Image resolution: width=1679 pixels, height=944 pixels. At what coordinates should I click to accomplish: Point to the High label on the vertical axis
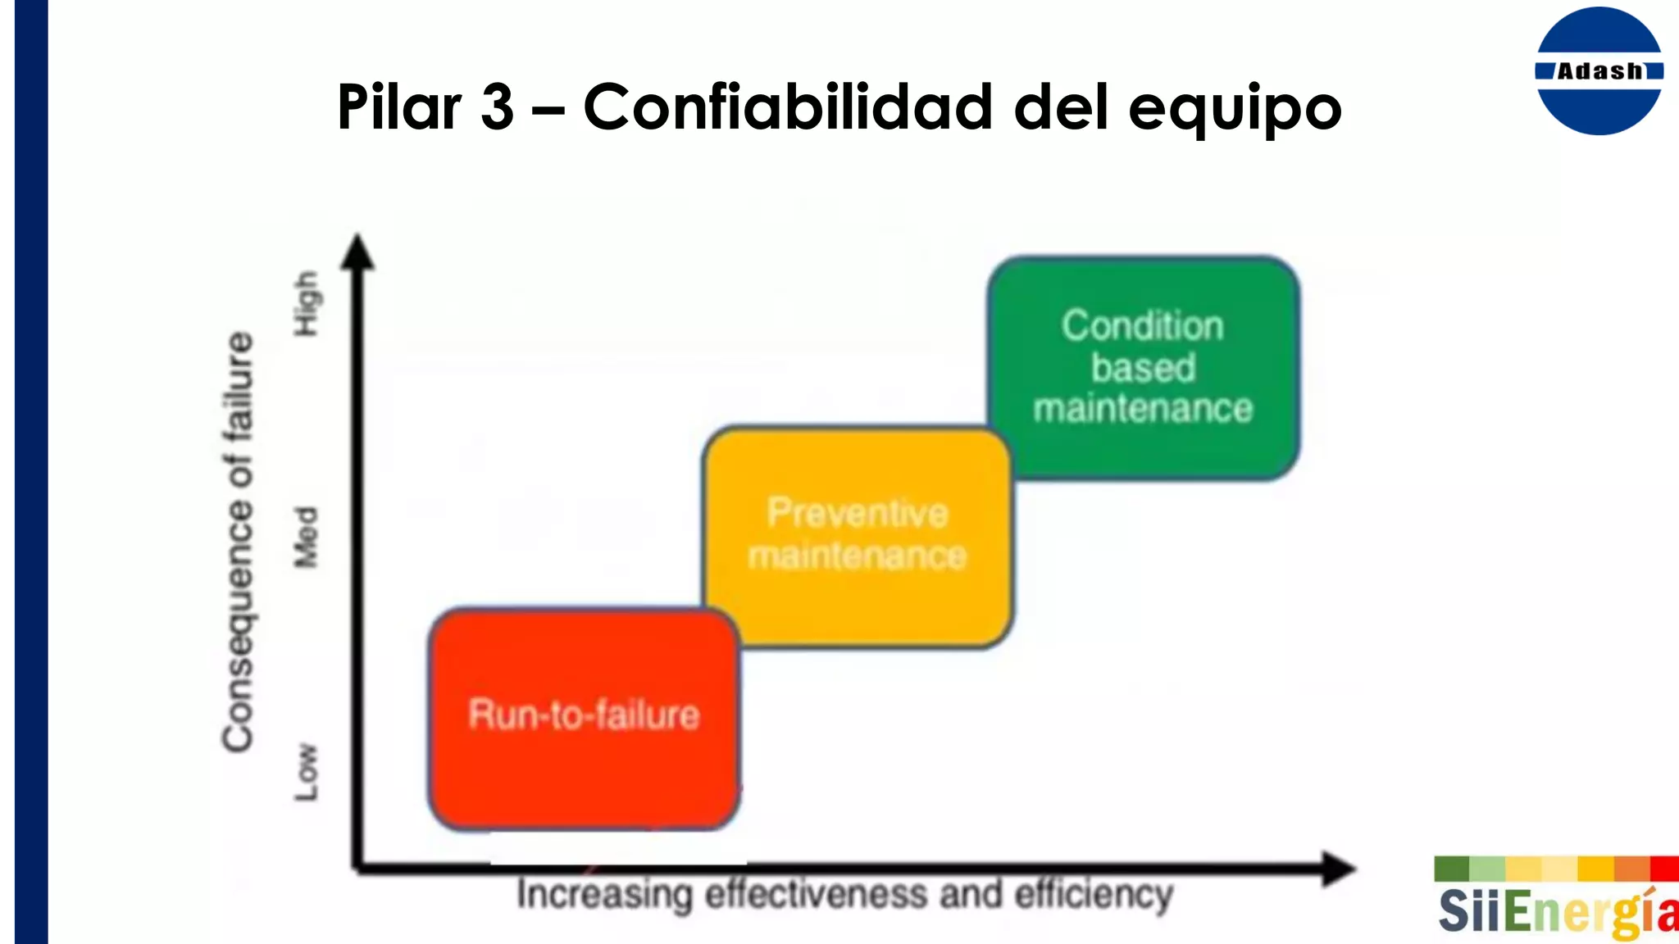coord(306,303)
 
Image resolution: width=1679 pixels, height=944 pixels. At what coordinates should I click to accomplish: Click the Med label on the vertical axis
coord(306,538)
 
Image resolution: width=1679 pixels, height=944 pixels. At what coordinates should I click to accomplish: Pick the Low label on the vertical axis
coord(306,772)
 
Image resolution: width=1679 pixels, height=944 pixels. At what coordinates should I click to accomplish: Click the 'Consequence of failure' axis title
coord(239,541)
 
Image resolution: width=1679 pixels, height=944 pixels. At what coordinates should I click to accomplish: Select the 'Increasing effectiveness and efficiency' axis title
coord(844,895)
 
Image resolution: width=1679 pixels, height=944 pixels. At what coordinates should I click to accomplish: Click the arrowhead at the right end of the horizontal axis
coord(1336,869)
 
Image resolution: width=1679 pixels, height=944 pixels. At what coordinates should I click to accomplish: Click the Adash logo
coord(1599,71)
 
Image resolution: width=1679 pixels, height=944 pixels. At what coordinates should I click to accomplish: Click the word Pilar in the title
coord(401,107)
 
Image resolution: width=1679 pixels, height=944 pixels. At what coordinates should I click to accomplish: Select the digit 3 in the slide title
coord(497,107)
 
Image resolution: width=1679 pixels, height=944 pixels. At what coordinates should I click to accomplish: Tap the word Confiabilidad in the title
coord(787,107)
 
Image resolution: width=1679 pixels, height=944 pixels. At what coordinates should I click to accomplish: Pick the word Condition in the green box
coord(1143,326)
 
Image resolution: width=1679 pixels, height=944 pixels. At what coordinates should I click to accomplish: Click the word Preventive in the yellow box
coord(858,513)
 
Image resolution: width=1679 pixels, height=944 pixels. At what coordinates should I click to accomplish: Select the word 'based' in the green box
coord(1143,367)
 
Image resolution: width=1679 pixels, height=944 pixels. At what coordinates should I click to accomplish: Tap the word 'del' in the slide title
coord(1061,107)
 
